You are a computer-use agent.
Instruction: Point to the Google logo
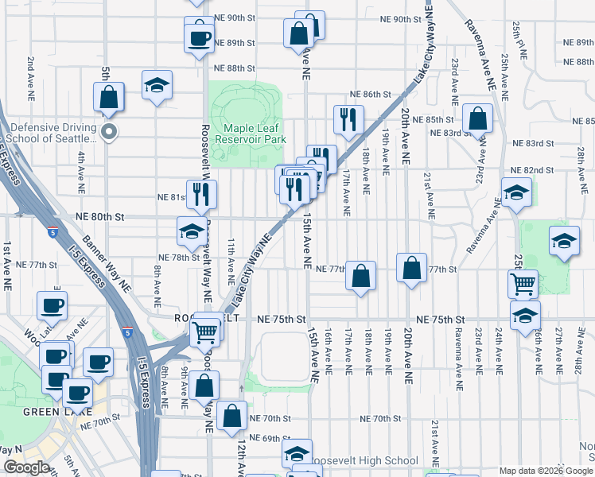[x=26, y=467]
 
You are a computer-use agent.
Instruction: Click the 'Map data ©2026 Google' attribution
[x=546, y=471]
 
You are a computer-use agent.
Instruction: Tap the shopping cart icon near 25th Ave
[x=523, y=282]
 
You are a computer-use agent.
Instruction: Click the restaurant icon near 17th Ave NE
[x=348, y=118]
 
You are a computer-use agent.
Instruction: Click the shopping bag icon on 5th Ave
[x=109, y=97]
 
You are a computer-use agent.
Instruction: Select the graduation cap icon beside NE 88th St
[x=157, y=84]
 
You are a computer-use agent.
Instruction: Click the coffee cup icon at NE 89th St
[x=199, y=37]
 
